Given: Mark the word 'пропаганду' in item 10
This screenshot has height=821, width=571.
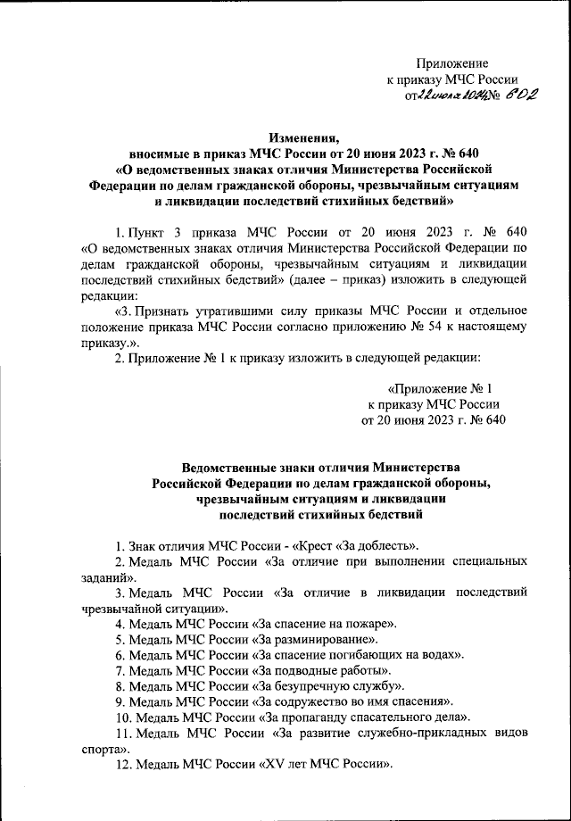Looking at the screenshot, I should pyautogui.click(x=314, y=717).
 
